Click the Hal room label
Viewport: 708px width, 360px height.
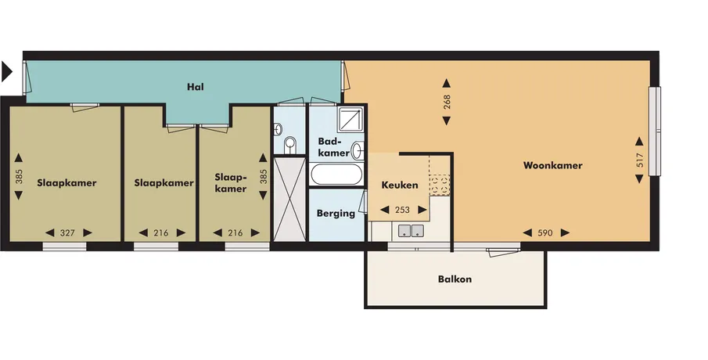[x=196, y=86]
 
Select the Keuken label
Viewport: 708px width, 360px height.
[x=400, y=185]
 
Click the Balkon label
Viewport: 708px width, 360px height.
[x=455, y=279]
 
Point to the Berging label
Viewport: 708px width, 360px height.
[x=336, y=213]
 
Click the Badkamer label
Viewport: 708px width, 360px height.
[x=334, y=147]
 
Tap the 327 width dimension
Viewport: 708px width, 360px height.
[x=67, y=233]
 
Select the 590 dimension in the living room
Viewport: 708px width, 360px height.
[x=545, y=233]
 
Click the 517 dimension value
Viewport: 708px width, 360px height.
[x=639, y=161]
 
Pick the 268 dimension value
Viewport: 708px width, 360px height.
[x=447, y=102]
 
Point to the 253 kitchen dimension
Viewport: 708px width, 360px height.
[x=402, y=210]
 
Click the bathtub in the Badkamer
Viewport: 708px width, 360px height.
[x=336, y=175]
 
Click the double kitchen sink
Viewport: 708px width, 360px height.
[x=411, y=230]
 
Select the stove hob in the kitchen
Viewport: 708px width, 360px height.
[x=440, y=185]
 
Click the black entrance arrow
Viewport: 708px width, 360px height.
[x=7, y=72]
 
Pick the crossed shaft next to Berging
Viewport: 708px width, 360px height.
[x=290, y=199]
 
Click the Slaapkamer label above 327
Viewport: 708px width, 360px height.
[x=66, y=183]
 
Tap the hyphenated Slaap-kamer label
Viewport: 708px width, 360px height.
[x=231, y=183]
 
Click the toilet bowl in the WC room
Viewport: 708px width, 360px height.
[x=290, y=145]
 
